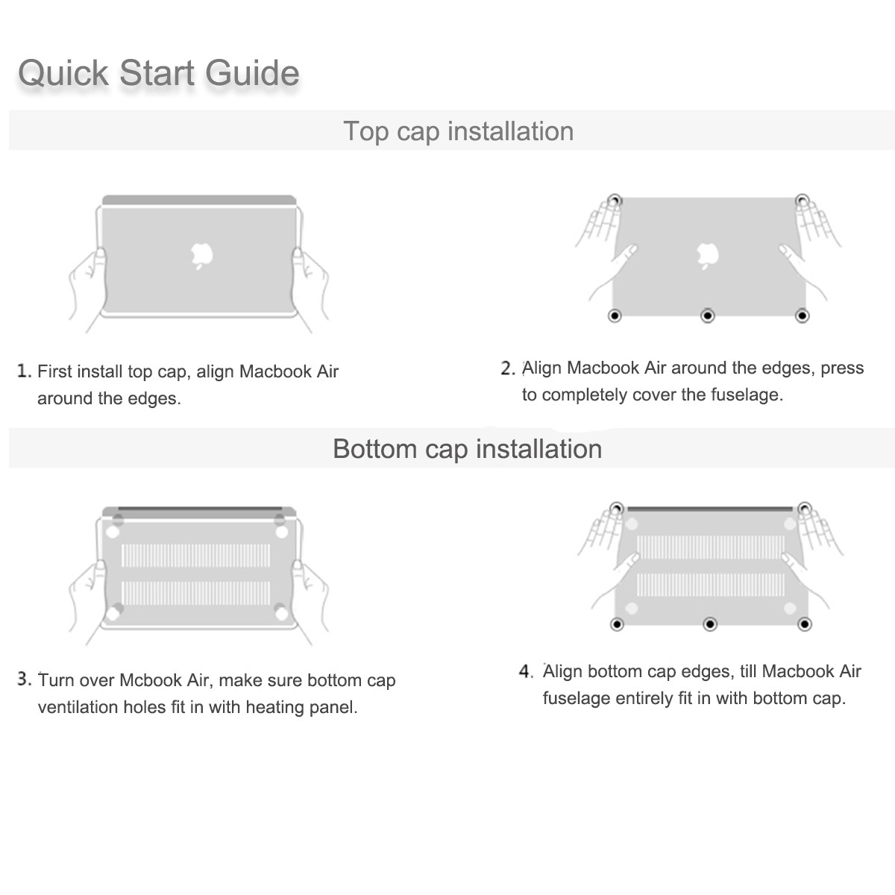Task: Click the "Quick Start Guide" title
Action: point(158,73)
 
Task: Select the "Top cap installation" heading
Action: point(459,131)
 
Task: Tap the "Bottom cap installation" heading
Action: point(467,449)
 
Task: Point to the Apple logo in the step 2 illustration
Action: point(707,256)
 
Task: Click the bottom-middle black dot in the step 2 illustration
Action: point(707,315)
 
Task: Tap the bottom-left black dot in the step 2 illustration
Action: point(615,315)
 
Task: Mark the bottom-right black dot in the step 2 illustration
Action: point(802,315)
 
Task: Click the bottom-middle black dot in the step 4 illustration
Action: point(710,624)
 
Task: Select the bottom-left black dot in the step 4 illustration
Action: point(617,624)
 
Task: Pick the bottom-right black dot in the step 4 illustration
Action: point(805,624)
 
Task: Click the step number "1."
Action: point(24,371)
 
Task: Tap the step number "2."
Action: point(508,368)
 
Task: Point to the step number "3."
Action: point(25,679)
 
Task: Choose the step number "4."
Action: point(527,671)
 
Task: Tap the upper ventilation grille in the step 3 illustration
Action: point(195,556)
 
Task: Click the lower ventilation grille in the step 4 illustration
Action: point(711,585)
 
